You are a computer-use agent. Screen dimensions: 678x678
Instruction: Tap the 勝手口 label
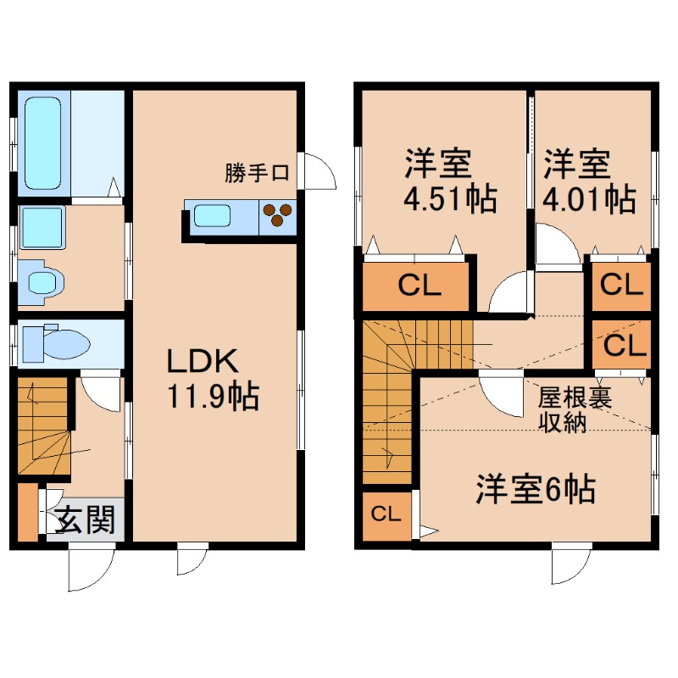pyautogui.click(x=258, y=174)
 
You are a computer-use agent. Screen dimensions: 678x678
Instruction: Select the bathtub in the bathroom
pyautogui.click(x=42, y=142)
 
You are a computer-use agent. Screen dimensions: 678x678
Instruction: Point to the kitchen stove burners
pyautogui.click(x=277, y=216)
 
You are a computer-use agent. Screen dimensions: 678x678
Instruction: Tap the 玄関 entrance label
pyautogui.click(x=85, y=519)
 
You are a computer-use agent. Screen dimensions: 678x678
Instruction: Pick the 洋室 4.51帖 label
pyautogui.click(x=437, y=181)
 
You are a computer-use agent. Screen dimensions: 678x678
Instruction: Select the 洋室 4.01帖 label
pyautogui.click(x=589, y=181)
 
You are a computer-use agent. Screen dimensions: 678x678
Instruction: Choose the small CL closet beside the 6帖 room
pyautogui.click(x=386, y=514)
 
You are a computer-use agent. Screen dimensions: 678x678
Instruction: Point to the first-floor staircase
pyautogui.click(x=42, y=428)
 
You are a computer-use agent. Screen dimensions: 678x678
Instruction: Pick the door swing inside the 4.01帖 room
pyautogui.click(x=555, y=246)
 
